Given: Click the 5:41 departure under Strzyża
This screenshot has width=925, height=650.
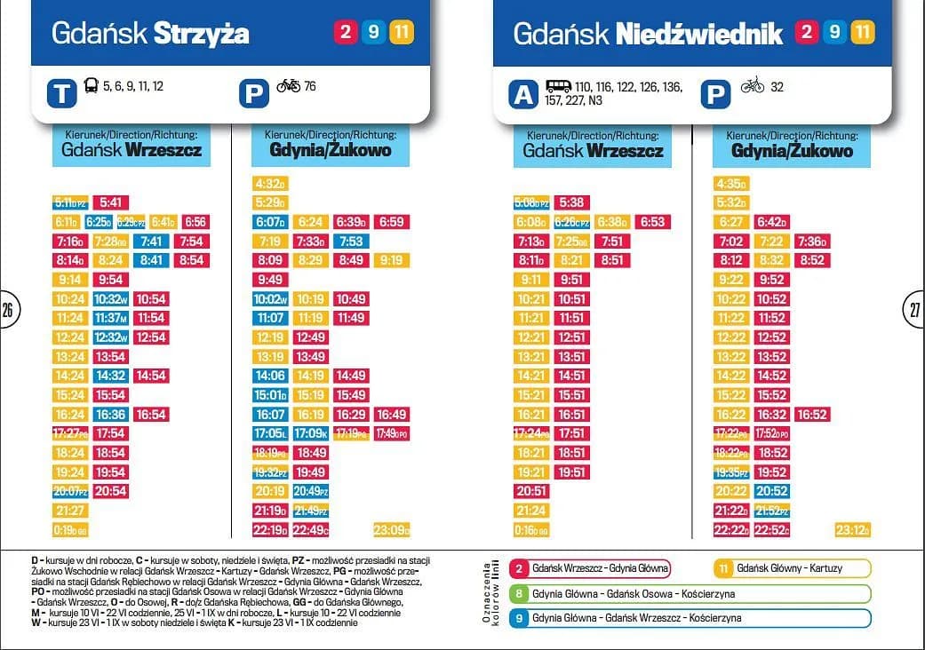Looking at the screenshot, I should [112, 202].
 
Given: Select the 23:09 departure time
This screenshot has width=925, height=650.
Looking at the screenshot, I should [392, 530].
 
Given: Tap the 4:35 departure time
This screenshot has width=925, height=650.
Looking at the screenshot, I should [731, 184].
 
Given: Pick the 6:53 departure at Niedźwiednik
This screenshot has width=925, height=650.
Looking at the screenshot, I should [651, 222].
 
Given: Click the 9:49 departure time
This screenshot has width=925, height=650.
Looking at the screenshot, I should [269, 280].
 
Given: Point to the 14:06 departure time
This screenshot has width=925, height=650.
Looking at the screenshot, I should [269, 376].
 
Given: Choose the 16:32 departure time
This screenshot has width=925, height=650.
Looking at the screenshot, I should [772, 415].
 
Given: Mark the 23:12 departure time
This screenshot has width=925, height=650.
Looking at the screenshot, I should [852, 530].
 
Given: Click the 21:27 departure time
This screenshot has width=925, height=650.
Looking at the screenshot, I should [70, 511].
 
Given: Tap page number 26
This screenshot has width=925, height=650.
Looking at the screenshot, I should [8, 310].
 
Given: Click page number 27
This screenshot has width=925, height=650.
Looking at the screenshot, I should [915, 310].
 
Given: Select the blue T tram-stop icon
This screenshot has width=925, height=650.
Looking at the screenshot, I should [61, 93].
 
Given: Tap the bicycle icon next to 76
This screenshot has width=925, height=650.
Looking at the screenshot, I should [288, 86].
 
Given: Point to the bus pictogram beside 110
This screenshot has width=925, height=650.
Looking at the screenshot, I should [558, 86].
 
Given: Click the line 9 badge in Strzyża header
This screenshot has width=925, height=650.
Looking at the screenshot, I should [373, 33].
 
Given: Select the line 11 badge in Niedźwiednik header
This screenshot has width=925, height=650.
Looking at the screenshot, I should [862, 33].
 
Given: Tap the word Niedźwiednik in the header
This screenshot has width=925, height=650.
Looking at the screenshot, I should [698, 34].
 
